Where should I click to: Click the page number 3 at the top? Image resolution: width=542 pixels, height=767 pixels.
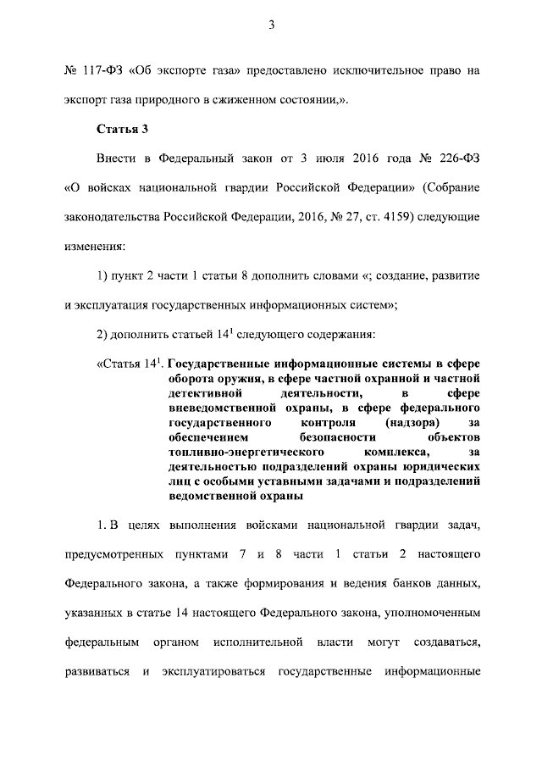click(x=272, y=25)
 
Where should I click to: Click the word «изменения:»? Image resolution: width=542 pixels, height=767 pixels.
click(x=95, y=246)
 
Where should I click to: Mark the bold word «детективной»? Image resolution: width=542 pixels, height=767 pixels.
click(x=202, y=394)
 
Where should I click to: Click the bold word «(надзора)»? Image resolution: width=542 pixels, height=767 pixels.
click(x=409, y=422)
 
